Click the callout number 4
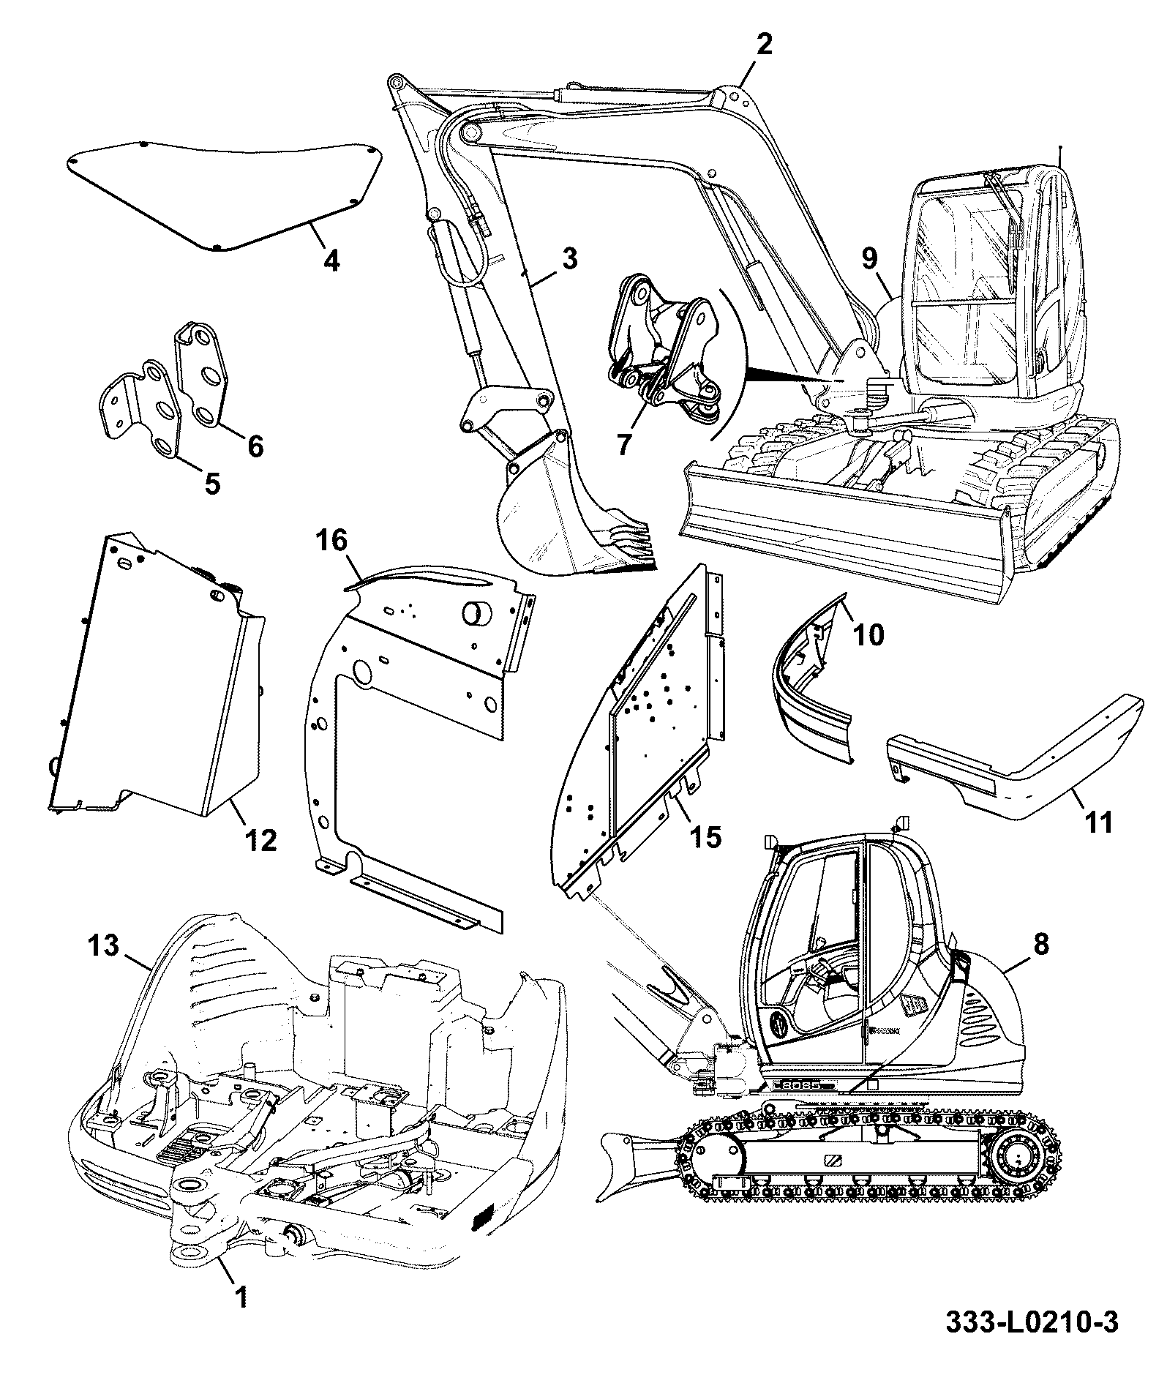tap(331, 261)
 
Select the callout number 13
tap(103, 945)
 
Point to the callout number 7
tap(623, 444)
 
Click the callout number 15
tap(706, 836)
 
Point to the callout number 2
tap(763, 45)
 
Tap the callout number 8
tap(1041, 945)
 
